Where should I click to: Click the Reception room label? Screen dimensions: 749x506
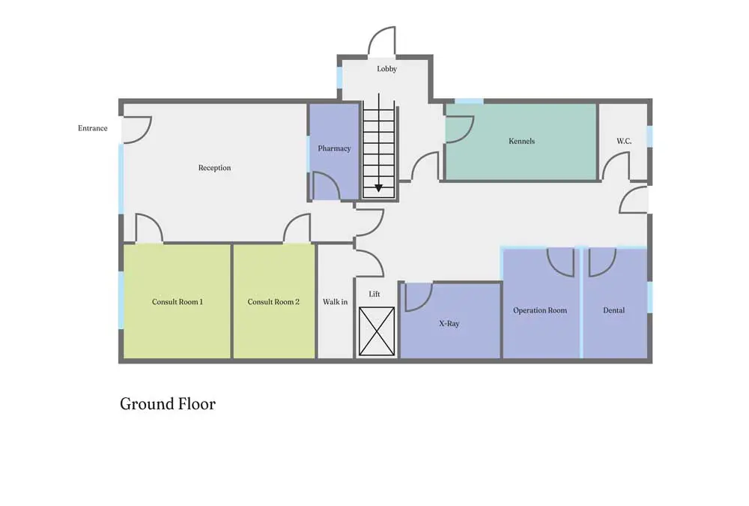pos(214,168)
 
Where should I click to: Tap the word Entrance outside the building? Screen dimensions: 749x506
pos(93,128)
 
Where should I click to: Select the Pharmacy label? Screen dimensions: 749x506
pos(334,148)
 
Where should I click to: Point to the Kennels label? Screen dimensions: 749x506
pos(521,141)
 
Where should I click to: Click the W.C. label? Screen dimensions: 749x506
pos(624,141)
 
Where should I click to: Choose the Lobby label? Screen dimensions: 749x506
pos(387,69)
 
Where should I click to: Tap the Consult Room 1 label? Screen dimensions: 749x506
pos(178,302)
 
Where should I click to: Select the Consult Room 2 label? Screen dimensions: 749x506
pos(273,302)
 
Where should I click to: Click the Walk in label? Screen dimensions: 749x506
pos(336,302)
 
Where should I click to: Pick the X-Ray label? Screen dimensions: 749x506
pos(449,323)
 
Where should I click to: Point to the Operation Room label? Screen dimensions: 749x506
pos(540,310)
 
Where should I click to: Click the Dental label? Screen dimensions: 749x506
pos(614,310)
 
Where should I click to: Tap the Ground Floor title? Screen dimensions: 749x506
pos(168,404)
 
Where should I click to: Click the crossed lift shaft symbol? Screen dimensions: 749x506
pos(377,331)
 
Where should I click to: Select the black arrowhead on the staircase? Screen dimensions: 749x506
pos(379,188)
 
